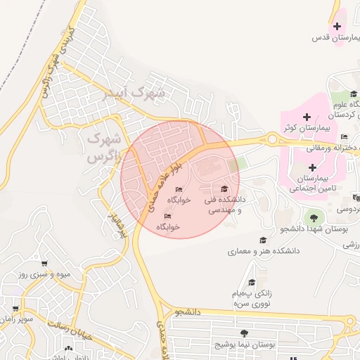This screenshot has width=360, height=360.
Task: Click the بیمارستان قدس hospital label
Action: point(331,38)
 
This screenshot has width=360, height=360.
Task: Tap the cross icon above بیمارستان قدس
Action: point(337,27)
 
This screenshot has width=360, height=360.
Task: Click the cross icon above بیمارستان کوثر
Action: point(306,117)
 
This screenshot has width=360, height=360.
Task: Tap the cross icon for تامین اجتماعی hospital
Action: point(312,167)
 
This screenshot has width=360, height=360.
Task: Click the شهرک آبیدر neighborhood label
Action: point(133,92)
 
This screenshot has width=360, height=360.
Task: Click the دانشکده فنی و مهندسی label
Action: point(224,205)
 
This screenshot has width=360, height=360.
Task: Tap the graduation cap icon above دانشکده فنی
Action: point(224,189)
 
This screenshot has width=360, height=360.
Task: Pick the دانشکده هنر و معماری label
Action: point(264,250)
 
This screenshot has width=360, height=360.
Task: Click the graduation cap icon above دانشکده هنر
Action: point(263,240)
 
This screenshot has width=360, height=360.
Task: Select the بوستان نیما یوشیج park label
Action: point(243,345)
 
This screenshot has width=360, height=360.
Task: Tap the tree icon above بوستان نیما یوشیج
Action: point(244,333)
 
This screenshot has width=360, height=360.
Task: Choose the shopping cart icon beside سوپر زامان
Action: point(15,309)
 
